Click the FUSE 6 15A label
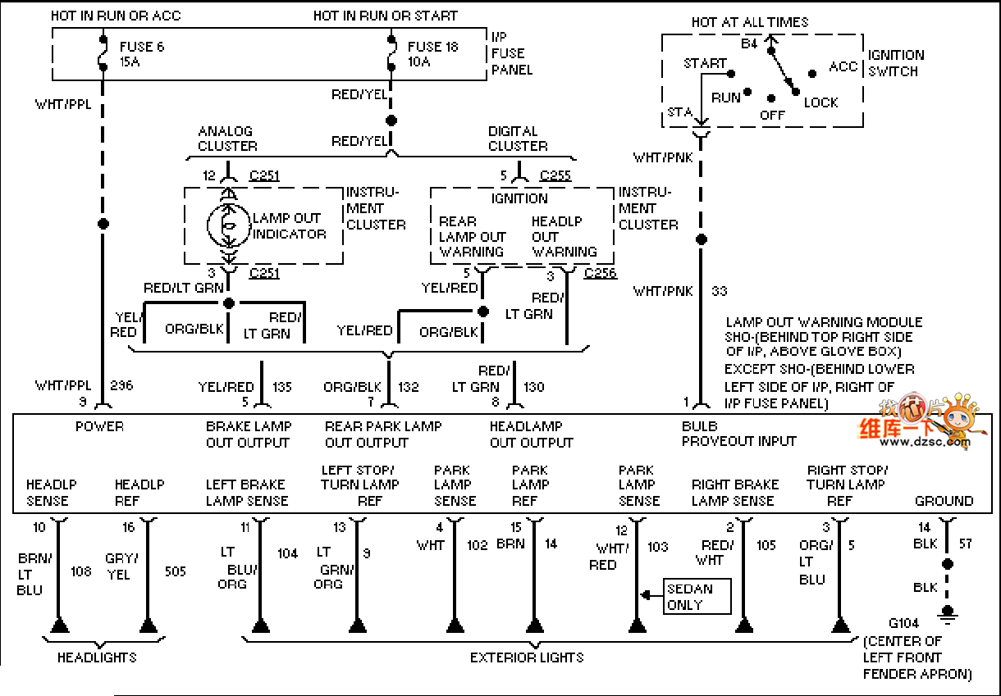[x=142, y=54]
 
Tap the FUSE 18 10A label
[x=432, y=54]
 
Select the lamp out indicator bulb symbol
[x=229, y=225]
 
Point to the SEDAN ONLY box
[x=697, y=597]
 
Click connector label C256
[x=600, y=273]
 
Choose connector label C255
[x=555, y=175]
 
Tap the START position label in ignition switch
[x=705, y=63]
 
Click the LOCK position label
[x=820, y=102]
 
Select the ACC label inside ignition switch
[x=843, y=66]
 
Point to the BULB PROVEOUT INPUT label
[x=738, y=434]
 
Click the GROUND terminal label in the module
[x=944, y=500]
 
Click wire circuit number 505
[x=176, y=571]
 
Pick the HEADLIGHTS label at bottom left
[x=97, y=657]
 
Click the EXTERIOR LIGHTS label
[x=527, y=657]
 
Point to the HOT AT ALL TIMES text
[x=749, y=22]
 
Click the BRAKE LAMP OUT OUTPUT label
[x=248, y=434]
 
